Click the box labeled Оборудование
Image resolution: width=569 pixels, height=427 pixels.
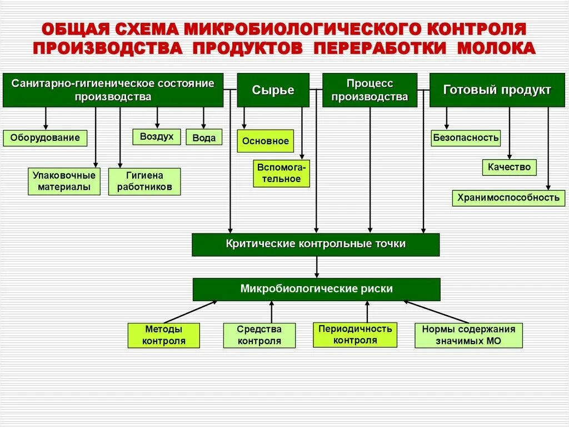pos(46,138)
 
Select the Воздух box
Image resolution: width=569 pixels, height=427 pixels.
pos(157,136)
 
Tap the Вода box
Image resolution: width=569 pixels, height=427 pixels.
pos(204,138)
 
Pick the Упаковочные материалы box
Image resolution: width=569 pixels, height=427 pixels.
pos(64,181)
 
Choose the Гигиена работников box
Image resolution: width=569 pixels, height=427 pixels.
pos(144,181)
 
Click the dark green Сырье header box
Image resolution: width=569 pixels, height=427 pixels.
pos(273,90)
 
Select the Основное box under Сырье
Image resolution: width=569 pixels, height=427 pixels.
pos(266,141)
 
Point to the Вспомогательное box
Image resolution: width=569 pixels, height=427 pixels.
pos(282,173)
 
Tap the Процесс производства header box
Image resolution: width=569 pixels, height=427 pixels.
pos(370,90)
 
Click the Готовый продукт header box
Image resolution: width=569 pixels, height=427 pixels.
pos(497,90)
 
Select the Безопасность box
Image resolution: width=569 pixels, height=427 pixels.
pos(466,138)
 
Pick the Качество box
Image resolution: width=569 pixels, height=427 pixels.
pos(509,167)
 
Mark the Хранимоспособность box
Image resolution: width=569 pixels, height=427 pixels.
pos(508,198)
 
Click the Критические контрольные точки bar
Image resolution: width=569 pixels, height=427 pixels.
pos(316,244)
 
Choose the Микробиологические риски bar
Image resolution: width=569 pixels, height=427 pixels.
pos(316,289)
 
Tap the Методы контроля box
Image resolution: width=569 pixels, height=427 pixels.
pos(164,335)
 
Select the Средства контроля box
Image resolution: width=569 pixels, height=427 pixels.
pos(259,335)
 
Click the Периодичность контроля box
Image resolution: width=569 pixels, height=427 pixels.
pos(355,335)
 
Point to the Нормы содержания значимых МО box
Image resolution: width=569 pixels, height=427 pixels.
pos(468,335)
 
